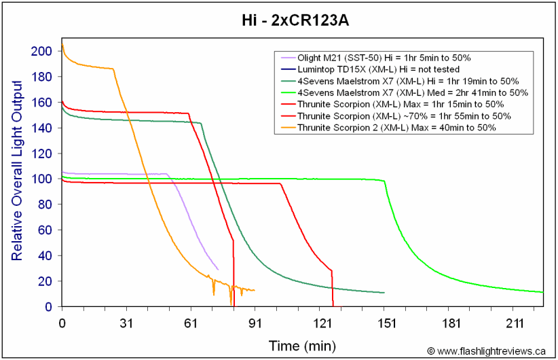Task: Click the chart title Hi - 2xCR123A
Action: click(x=295, y=20)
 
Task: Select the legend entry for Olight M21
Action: click(x=376, y=58)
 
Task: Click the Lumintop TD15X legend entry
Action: click(x=370, y=69)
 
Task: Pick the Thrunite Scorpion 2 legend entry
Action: click(x=388, y=128)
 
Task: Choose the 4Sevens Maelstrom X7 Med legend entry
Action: click(x=405, y=92)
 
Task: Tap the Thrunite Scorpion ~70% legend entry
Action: click(x=396, y=116)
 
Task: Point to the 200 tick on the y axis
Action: click(x=41, y=51)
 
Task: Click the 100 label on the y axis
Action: click(x=41, y=179)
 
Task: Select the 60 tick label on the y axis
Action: click(x=45, y=230)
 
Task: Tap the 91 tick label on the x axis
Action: click(x=255, y=323)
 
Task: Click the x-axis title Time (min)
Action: click(x=302, y=346)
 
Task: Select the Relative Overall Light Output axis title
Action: click(x=17, y=171)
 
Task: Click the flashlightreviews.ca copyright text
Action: click(x=486, y=351)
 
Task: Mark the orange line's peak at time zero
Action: click(x=62, y=44)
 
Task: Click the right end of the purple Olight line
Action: click(x=218, y=270)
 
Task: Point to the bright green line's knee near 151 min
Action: click(x=384, y=181)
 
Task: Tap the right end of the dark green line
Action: click(x=384, y=293)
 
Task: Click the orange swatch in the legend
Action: click(x=289, y=128)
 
